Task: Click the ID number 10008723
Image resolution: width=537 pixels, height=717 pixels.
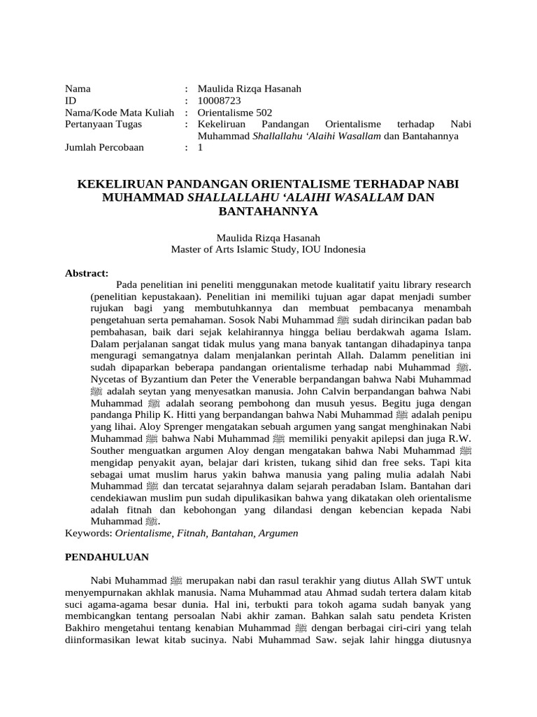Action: click(220, 101)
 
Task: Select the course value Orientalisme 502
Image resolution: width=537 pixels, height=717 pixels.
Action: click(235, 113)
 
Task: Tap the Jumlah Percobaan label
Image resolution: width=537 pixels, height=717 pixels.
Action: click(105, 148)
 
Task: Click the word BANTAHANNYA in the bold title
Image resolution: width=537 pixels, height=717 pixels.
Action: click(268, 210)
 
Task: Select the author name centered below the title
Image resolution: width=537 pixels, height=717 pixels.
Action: click(268, 237)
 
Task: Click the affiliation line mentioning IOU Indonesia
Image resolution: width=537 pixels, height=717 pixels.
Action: click(268, 249)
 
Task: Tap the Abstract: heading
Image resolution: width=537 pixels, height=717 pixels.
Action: click(87, 272)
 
